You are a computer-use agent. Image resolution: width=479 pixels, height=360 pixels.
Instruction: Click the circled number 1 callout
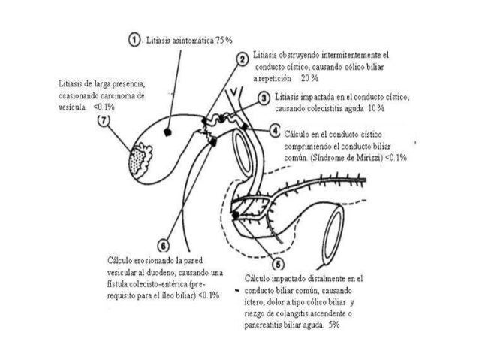pos(134,40)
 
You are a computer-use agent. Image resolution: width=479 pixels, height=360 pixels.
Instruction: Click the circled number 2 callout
pos(242,59)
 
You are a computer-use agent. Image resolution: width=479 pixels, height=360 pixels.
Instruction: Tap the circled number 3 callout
pos(264,98)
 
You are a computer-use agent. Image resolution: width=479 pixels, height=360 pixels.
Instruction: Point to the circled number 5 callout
pos(277,264)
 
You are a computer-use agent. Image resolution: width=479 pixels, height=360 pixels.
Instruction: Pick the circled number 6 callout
pos(164,246)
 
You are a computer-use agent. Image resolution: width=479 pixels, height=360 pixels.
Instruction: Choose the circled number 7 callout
pos(104,120)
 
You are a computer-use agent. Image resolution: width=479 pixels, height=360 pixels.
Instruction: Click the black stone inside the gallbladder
pos(167,132)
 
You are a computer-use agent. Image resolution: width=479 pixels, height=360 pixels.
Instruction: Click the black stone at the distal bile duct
pos(236,215)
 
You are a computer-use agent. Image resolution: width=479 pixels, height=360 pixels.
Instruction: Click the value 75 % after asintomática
pos(224,40)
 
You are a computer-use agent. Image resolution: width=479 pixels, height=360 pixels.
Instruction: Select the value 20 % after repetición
pos(310,78)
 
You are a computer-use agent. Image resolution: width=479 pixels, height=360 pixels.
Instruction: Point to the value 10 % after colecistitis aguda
pos(376,108)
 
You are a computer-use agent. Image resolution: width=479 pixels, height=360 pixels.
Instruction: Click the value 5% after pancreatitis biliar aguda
pos(334,325)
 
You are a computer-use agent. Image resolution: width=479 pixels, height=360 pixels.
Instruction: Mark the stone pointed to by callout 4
pos(245,126)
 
